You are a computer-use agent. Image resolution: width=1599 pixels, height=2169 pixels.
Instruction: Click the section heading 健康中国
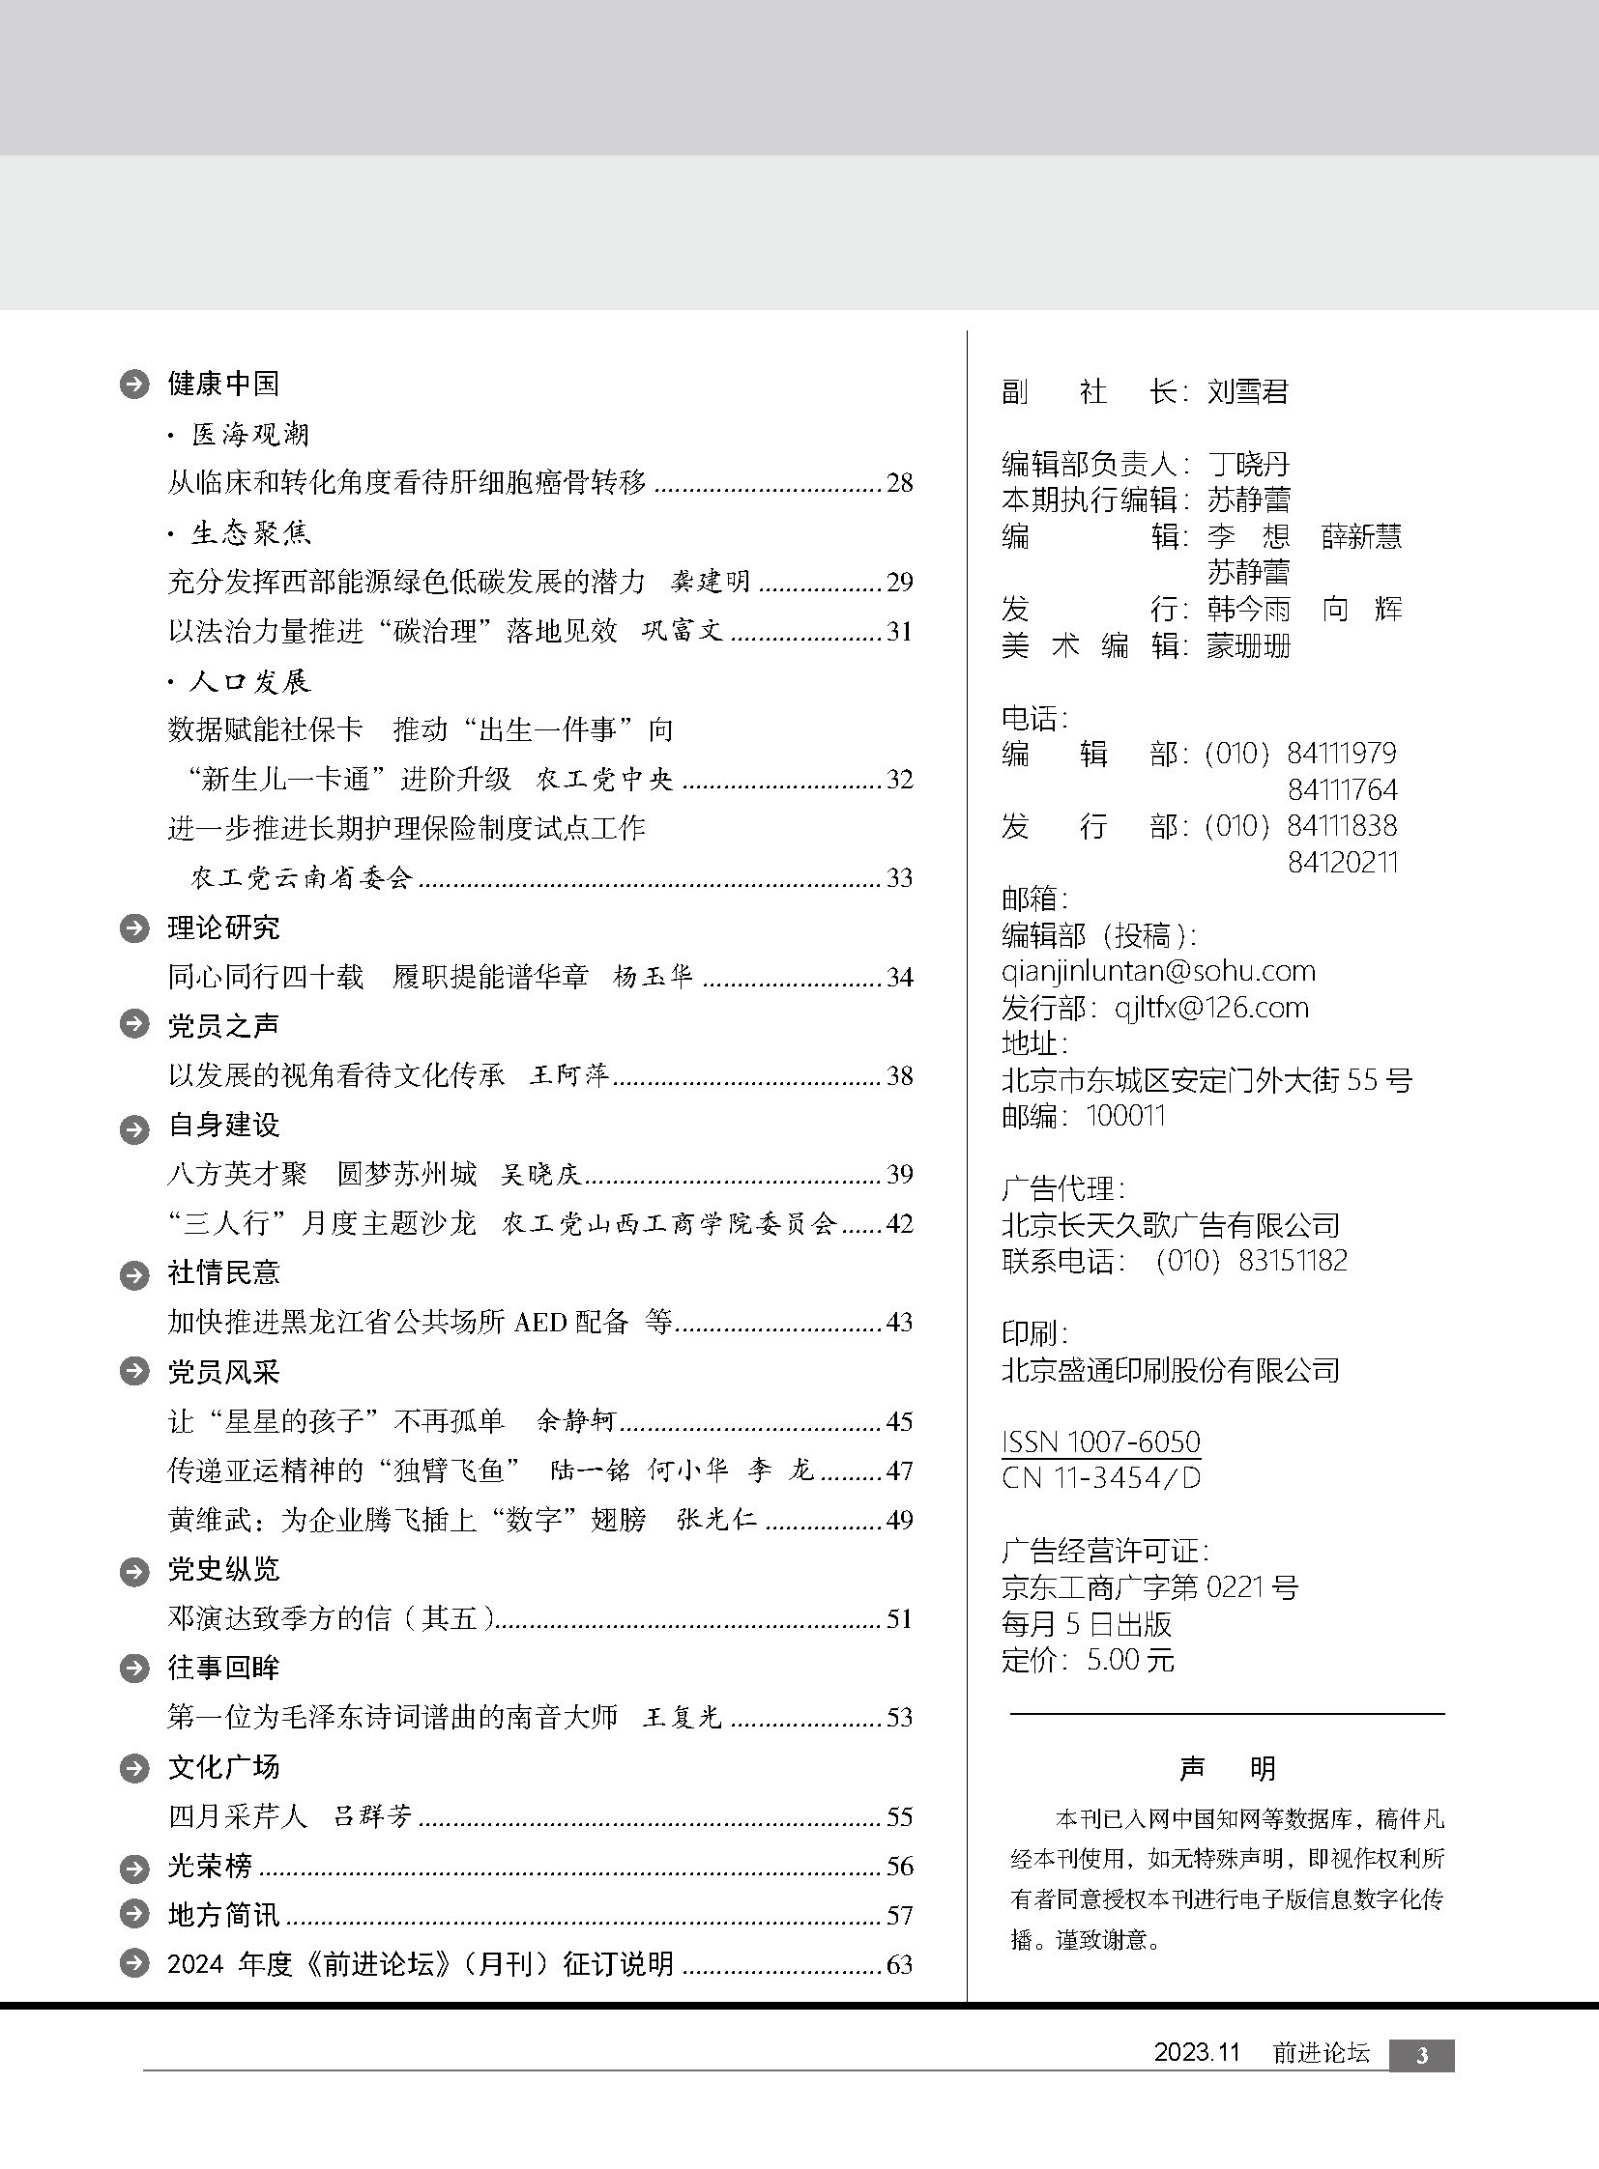point(222,385)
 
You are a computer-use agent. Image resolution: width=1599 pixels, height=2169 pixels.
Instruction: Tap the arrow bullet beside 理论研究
point(133,928)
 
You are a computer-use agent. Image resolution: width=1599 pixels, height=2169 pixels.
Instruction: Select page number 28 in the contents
point(899,483)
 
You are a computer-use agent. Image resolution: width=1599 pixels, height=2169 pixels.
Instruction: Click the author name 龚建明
point(711,582)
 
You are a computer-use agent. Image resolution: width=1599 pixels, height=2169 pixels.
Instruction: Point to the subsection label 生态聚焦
point(249,532)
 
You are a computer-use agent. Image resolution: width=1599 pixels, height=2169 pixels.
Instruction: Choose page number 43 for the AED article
point(899,1322)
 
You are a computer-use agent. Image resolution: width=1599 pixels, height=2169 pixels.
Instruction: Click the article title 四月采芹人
point(237,1816)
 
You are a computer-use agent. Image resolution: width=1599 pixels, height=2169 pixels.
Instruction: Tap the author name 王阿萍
point(569,1074)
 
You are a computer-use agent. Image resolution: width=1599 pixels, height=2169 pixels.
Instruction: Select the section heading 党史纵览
point(222,1569)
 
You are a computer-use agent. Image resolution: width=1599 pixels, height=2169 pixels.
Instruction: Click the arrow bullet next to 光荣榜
point(133,1867)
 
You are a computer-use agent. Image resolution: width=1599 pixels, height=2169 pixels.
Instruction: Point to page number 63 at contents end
point(899,1964)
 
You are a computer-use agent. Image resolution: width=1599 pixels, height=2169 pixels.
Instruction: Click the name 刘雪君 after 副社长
point(1248,392)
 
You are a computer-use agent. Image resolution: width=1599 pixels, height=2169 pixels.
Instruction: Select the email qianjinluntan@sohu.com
point(1157,970)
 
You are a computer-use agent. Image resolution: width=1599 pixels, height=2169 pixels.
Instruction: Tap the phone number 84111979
point(1342,753)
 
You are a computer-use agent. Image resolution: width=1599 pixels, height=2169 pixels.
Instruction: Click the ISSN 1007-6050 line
point(1100,1441)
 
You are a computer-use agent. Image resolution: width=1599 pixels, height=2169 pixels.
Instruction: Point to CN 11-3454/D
point(1100,1477)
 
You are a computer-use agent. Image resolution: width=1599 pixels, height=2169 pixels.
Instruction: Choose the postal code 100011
point(1125,1116)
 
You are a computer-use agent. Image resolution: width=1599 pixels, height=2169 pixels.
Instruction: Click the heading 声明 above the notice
point(1227,1768)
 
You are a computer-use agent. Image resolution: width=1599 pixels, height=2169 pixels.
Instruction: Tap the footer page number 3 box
point(1421,2056)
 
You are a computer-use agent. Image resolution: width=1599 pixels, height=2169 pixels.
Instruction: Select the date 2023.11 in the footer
point(1196,2054)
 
